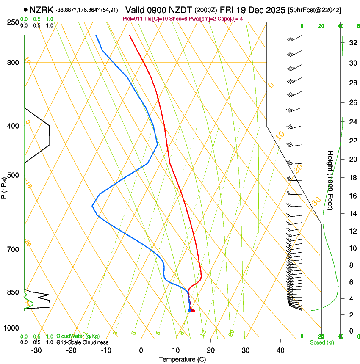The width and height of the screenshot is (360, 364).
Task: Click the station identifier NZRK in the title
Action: click(42, 9)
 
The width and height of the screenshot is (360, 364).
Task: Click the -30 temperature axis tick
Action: click(36, 350)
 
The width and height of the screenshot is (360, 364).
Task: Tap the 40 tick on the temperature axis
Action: click(280, 350)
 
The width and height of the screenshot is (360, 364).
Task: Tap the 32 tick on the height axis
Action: click(352, 43)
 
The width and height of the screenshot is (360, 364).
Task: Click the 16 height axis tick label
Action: click(352, 196)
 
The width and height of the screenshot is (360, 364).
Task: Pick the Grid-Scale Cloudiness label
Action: click(82, 342)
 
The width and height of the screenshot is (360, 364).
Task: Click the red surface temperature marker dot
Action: click(193, 311)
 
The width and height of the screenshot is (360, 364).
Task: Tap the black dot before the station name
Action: click(26, 9)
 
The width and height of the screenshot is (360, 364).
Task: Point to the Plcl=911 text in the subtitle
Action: click(133, 19)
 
